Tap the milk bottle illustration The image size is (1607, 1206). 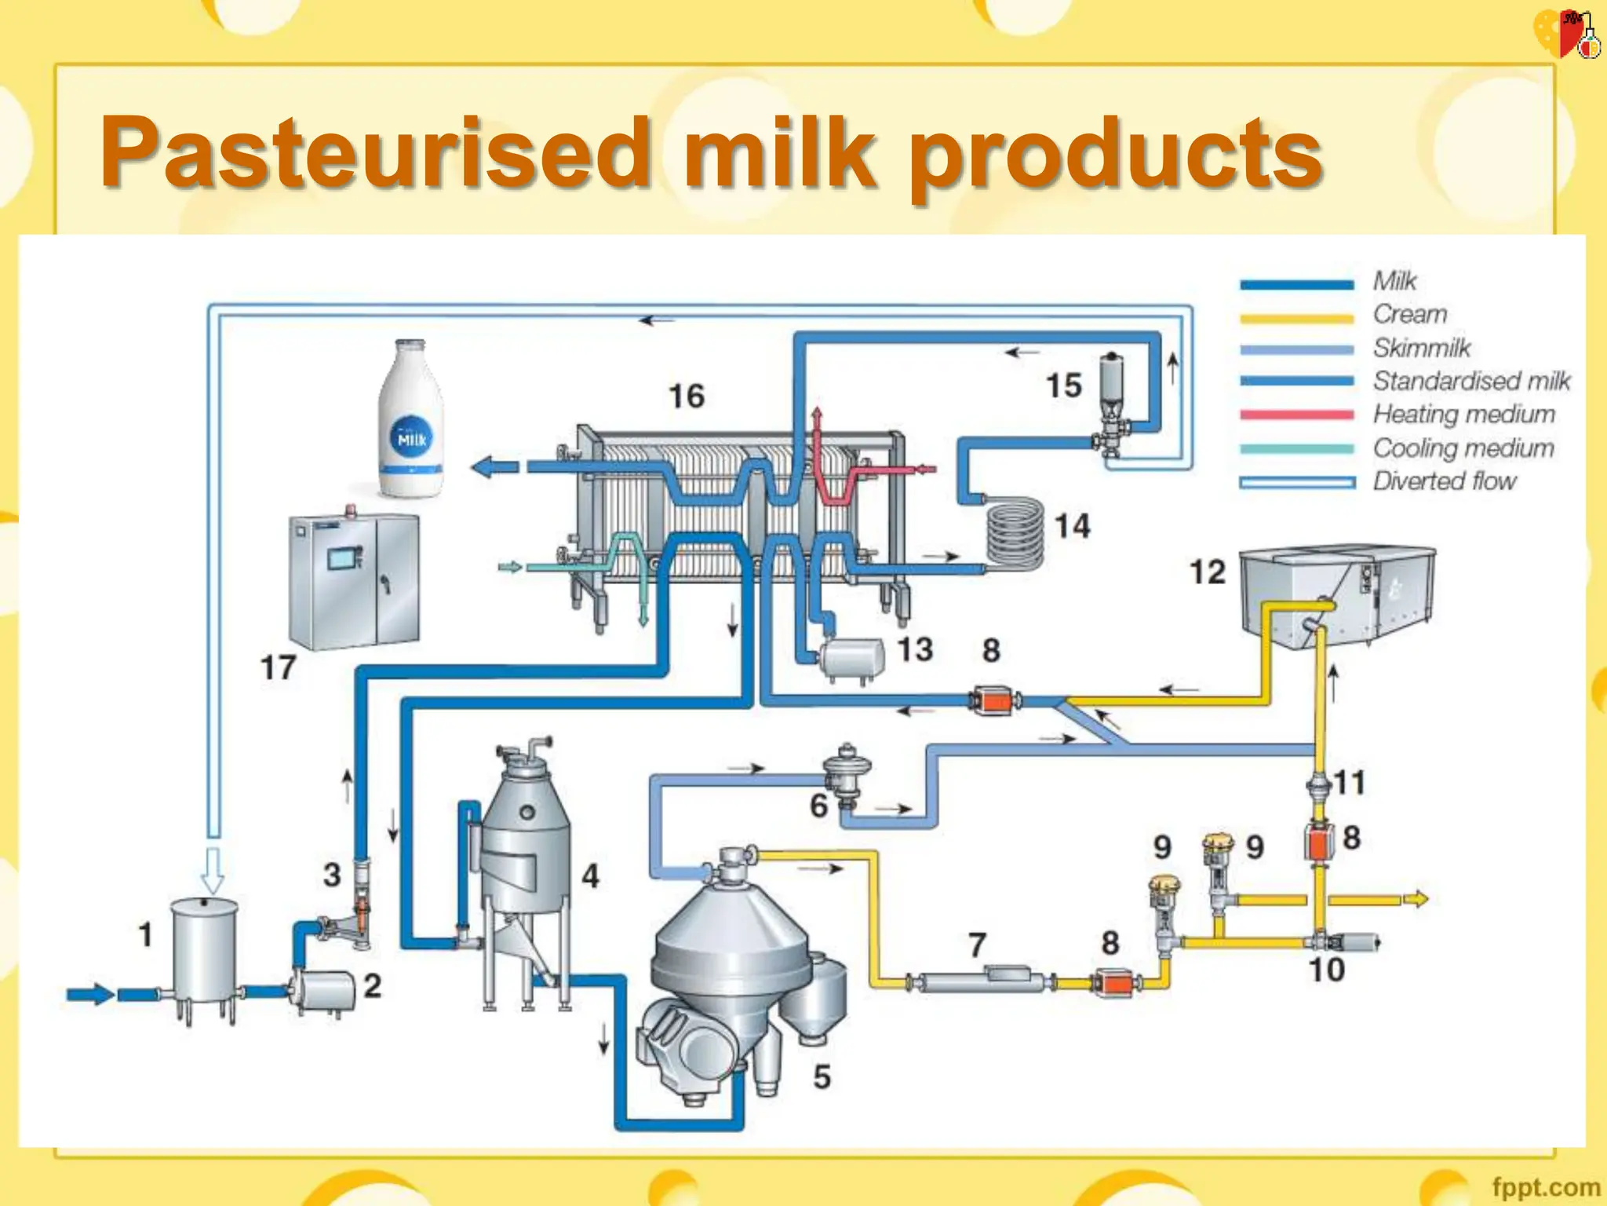(411, 420)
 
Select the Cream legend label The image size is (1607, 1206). (1410, 314)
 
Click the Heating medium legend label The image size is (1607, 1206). (1463, 414)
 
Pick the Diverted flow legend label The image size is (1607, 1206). (1444, 481)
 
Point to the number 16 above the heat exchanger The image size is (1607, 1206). (686, 397)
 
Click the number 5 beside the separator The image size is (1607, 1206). (822, 1076)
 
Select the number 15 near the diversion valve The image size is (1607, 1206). (1063, 386)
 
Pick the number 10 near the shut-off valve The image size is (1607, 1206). (1326, 970)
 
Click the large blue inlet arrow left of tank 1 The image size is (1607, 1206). (90, 994)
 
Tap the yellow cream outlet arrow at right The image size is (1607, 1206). (1416, 899)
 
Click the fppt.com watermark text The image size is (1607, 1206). (1545, 1186)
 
